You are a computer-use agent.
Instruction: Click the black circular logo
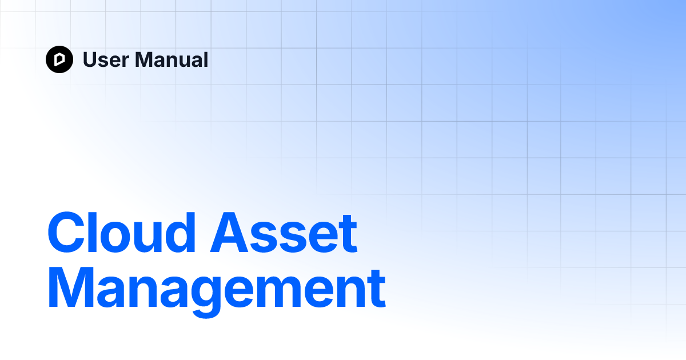(x=59, y=59)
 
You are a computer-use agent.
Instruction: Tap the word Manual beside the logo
(x=171, y=59)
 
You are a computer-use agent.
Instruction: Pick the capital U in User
(x=90, y=59)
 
